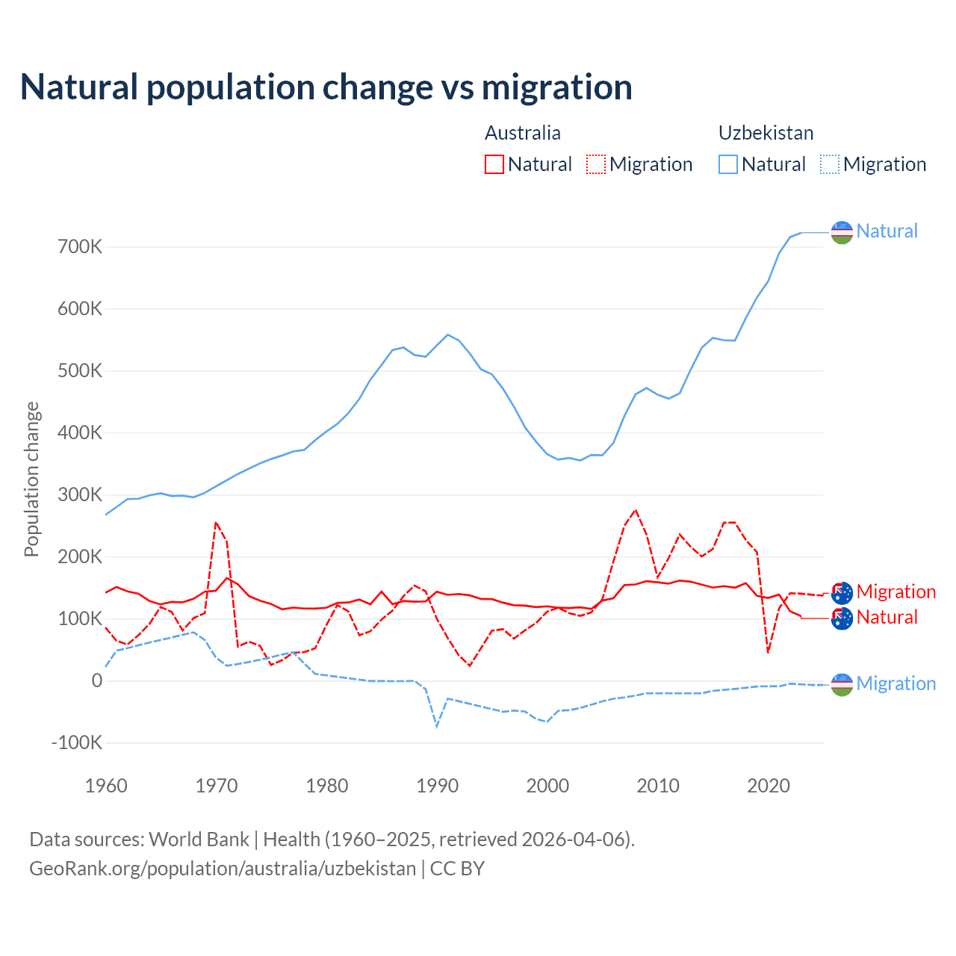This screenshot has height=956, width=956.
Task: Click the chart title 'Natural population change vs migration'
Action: (x=326, y=87)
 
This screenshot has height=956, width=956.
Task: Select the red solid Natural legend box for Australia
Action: (x=494, y=164)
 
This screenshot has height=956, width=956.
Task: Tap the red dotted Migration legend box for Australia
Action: (x=596, y=164)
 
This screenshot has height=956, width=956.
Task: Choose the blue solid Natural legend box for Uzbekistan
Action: (x=728, y=164)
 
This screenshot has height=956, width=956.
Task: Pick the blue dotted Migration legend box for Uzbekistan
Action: (x=830, y=164)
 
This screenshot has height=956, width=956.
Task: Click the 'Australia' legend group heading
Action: (x=523, y=133)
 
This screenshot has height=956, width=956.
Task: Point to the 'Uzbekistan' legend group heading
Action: (x=766, y=133)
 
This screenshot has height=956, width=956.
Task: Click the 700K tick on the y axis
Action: (x=80, y=246)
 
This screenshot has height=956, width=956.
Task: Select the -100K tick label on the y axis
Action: (x=77, y=742)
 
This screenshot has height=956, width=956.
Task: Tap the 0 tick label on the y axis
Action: (x=97, y=680)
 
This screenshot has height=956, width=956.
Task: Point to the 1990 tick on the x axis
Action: (x=437, y=786)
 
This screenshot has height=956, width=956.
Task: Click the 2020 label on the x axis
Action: (x=769, y=786)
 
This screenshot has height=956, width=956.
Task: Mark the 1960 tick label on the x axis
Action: (x=106, y=786)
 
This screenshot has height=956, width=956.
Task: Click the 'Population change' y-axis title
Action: (x=31, y=479)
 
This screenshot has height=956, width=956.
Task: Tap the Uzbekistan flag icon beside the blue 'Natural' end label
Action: (x=842, y=232)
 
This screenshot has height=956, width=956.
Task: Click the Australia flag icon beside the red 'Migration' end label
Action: (x=842, y=593)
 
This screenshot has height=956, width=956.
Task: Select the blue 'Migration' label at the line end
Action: (x=896, y=683)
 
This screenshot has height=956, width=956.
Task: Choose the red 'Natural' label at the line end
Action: (x=887, y=617)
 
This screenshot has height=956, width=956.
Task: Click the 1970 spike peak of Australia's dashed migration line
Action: (x=216, y=523)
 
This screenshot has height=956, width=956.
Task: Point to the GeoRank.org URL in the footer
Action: (x=223, y=869)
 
